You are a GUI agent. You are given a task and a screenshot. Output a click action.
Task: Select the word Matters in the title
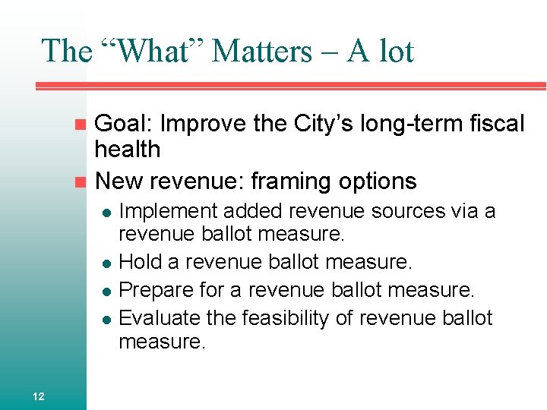(262, 52)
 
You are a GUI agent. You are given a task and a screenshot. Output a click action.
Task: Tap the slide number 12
(39, 395)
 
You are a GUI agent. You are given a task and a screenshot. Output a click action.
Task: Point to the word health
(128, 149)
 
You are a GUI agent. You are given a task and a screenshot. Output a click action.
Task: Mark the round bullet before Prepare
(108, 291)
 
